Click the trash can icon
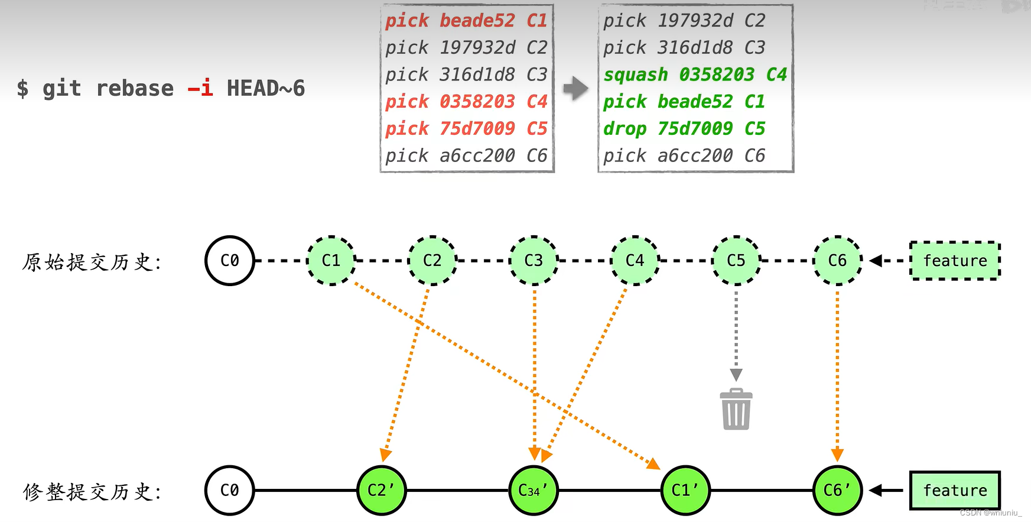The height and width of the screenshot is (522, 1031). [736, 409]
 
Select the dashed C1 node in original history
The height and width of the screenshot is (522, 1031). [331, 261]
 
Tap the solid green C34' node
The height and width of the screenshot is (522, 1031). [534, 490]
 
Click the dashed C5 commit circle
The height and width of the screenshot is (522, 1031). [736, 261]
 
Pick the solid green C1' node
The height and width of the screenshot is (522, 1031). [685, 490]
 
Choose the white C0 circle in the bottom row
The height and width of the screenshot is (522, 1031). [229, 490]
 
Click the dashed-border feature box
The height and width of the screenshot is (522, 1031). [955, 261]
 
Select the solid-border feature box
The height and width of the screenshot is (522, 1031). [955, 490]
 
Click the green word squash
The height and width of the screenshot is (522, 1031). [636, 75]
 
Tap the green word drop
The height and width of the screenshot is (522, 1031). [625, 129]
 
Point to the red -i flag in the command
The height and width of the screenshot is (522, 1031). [200, 89]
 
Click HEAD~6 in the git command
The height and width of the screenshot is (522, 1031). [266, 89]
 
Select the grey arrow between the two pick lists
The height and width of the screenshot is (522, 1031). [575, 89]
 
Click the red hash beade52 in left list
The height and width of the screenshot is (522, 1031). [477, 21]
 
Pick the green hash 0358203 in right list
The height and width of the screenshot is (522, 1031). [717, 75]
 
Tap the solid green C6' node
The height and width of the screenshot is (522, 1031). [837, 490]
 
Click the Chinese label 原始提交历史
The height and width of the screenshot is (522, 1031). [92, 262]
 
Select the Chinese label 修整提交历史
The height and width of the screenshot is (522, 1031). [92, 491]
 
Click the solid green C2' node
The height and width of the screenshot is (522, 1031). [382, 490]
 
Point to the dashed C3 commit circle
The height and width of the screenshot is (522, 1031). [534, 261]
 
